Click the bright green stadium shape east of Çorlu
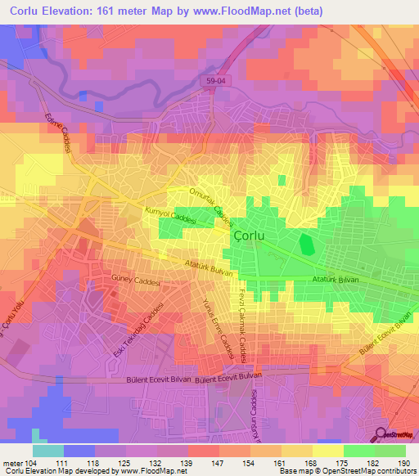point(307,244)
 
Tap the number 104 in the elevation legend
point(31,462)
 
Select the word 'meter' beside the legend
point(11,462)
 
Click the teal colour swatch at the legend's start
point(47,451)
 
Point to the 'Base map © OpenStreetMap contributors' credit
point(347,471)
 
